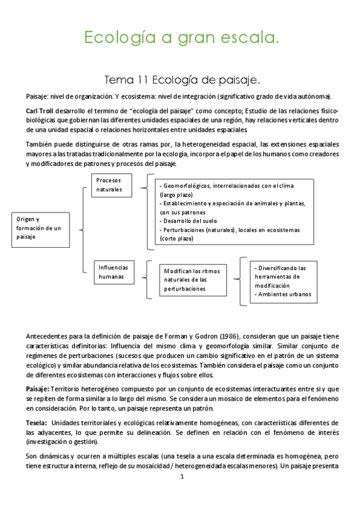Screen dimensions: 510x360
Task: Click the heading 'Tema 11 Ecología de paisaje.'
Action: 182,79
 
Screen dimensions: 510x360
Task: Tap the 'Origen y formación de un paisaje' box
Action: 37,228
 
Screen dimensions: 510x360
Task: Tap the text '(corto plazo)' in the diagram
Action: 176,238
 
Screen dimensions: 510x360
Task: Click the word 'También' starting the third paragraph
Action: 40,144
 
